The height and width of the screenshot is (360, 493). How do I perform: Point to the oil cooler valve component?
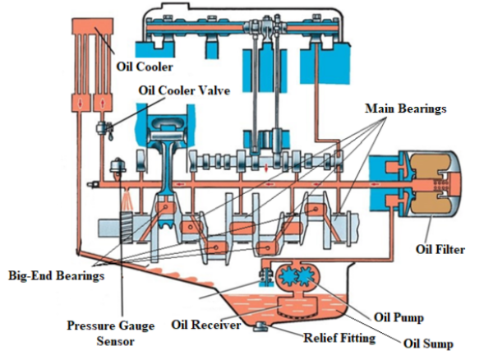pyautogui.click(x=105, y=130)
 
